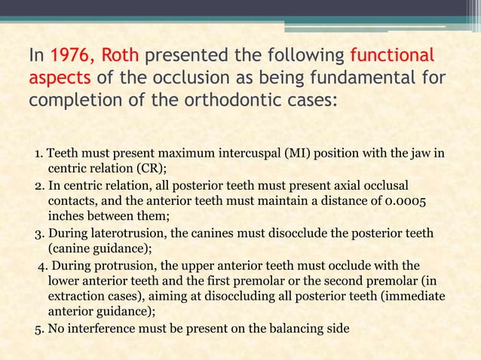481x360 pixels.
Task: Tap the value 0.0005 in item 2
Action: pyautogui.click(x=413, y=201)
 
